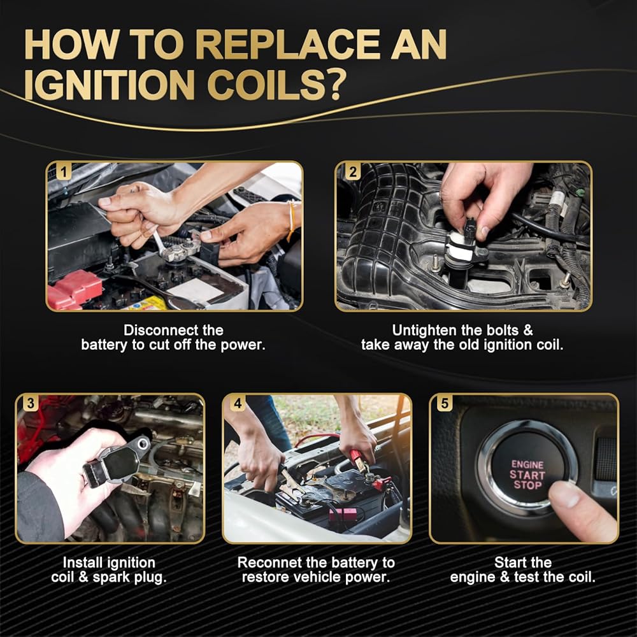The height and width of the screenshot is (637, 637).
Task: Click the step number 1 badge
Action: click(x=63, y=171)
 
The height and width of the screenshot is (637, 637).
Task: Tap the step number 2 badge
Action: click(x=352, y=171)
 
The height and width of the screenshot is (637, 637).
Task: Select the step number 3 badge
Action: click(x=31, y=403)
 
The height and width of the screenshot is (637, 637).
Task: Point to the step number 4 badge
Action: click(x=238, y=403)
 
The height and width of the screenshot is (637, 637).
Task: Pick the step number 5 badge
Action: click(x=445, y=403)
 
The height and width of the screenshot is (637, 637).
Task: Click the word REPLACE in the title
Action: click(x=288, y=45)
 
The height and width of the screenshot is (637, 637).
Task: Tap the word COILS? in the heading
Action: click(x=276, y=85)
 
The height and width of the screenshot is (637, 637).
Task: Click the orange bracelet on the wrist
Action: click(x=291, y=220)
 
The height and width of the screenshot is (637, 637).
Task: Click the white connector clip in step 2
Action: click(x=460, y=248)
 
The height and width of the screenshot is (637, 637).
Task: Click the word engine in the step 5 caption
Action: click(x=473, y=577)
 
